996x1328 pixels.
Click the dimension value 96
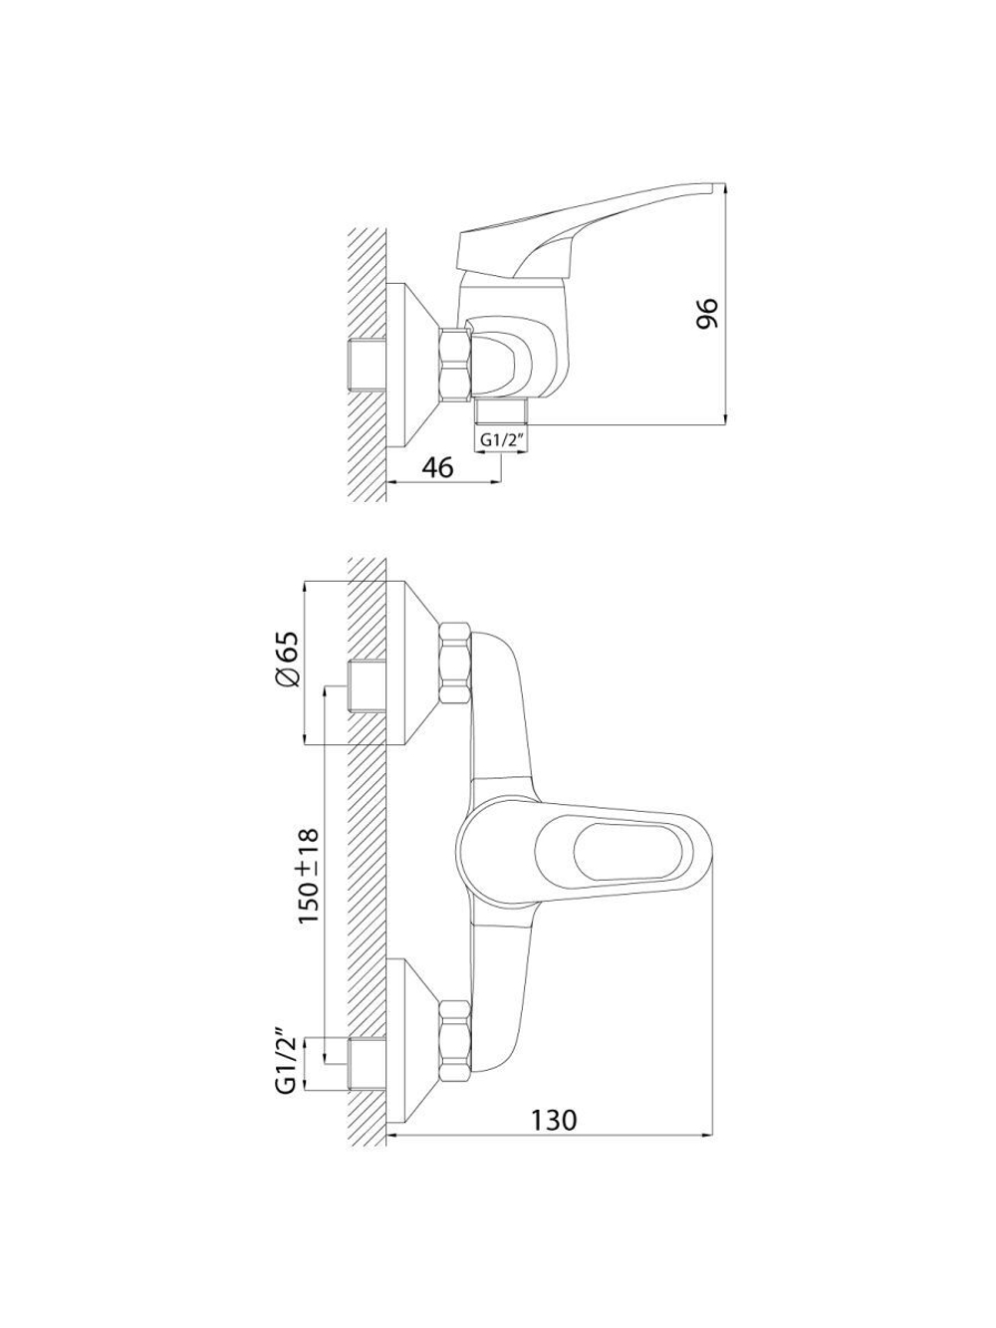[x=706, y=313]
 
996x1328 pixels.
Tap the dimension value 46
[x=437, y=467]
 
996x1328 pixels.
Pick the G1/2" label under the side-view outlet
[x=501, y=440]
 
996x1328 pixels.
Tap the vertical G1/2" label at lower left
[x=286, y=1065]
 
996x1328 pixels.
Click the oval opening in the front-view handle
[x=627, y=853]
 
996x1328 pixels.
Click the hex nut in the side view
[x=455, y=365]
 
